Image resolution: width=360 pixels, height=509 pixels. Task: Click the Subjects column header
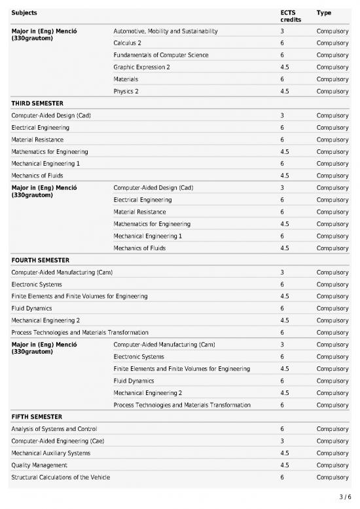[24, 12]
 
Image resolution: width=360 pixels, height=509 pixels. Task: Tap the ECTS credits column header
[288, 16]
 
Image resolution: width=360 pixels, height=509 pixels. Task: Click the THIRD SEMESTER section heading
[37, 104]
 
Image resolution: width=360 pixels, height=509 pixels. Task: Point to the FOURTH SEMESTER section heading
[40, 260]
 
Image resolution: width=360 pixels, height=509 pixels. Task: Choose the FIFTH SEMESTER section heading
[37, 417]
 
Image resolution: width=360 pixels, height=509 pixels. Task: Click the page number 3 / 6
[346, 497]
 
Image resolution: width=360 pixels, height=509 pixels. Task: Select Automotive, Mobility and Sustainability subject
[165, 31]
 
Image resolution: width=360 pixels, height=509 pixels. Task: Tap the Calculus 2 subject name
[127, 43]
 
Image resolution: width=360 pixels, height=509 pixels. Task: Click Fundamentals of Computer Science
[160, 55]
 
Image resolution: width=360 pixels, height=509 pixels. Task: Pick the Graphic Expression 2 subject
[141, 67]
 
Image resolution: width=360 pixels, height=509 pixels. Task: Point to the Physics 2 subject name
[126, 91]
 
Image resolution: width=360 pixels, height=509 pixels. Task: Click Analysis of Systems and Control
[54, 429]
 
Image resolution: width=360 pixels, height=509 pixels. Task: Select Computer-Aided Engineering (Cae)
[58, 441]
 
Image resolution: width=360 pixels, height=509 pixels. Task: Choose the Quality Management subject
[39, 465]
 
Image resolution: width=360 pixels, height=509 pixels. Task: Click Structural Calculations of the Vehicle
[61, 477]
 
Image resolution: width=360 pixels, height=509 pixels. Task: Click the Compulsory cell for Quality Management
[332, 465]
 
